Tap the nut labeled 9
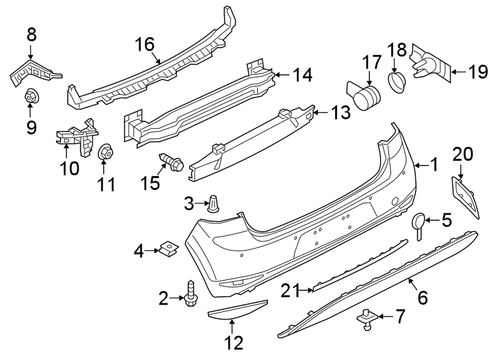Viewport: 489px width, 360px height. (x=31, y=97)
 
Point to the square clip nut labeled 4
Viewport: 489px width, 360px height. (x=171, y=249)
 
